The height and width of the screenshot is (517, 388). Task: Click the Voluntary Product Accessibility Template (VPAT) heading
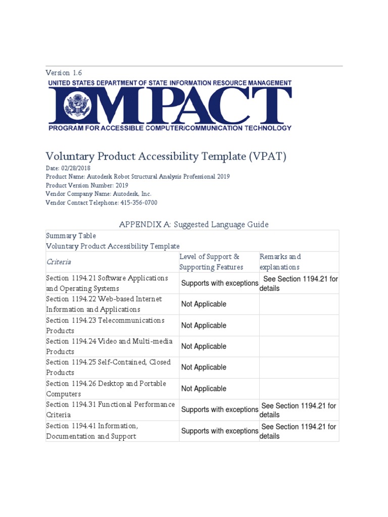coord(166,157)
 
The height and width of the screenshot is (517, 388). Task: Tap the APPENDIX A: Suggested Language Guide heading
coord(193,224)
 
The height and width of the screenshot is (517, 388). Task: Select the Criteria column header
coord(59,262)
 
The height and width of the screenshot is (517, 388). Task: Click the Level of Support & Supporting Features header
coord(211,262)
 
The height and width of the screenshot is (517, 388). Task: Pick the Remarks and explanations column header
coord(280,262)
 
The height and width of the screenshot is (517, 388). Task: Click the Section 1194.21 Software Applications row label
coord(107,283)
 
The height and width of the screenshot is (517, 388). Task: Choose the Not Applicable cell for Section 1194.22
coord(204,304)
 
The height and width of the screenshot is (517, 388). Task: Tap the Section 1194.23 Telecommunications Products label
coord(105,326)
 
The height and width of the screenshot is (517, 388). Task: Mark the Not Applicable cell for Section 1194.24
coord(204,346)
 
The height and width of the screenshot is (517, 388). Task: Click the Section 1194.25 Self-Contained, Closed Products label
coord(108,368)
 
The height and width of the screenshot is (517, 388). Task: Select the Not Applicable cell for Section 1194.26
coord(204,389)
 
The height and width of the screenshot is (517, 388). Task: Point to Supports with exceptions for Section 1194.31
coord(219,409)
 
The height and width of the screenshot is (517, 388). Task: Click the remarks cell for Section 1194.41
coord(298,431)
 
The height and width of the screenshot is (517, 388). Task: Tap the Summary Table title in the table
coord(71,236)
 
